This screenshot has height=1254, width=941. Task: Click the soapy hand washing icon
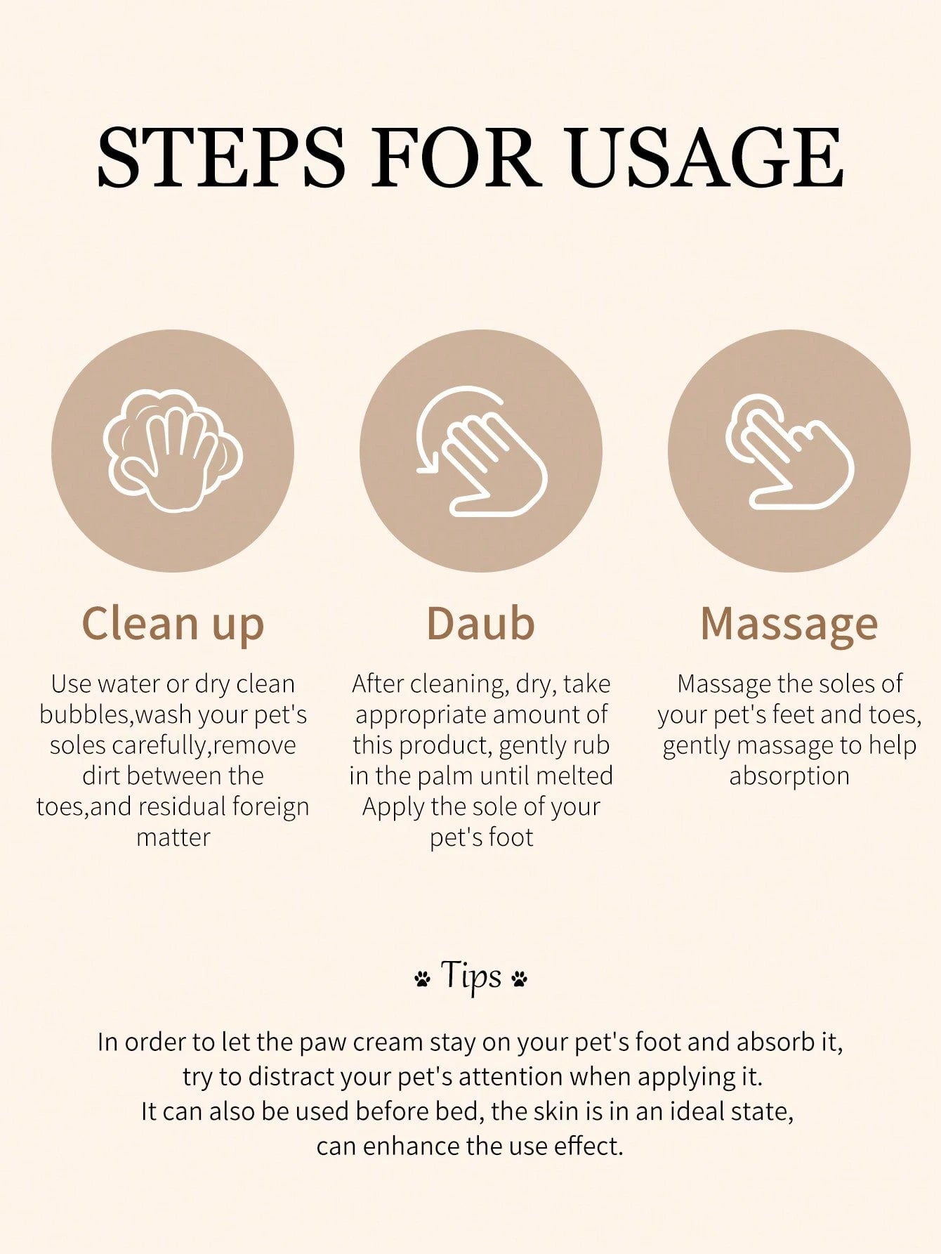point(173,450)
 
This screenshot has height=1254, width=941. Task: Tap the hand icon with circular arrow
point(481,451)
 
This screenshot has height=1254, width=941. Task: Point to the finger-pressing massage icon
point(789,451)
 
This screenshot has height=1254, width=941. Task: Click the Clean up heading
point(173,625)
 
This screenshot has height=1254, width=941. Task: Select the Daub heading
point(481,623)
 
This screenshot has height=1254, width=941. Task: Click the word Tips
point(471,975)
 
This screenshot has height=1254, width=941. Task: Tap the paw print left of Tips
point(422,979)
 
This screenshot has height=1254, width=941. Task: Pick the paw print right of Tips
point(520,979)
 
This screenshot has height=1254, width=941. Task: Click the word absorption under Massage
point(789,777)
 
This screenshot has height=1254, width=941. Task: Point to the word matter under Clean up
point(173,837)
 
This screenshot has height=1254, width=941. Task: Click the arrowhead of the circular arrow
point(427,461)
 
